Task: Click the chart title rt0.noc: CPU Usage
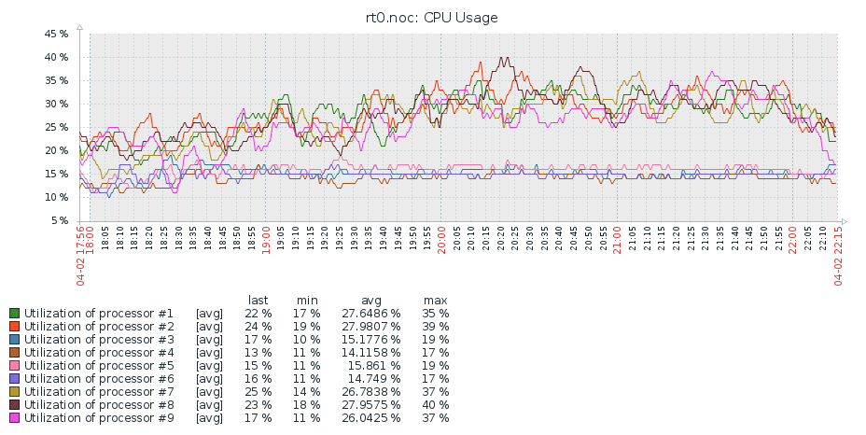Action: (431, 17)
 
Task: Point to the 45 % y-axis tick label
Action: (56, 34)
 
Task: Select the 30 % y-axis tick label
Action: (56, 104)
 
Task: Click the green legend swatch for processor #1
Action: (15, 314)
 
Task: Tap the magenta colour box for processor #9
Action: (15, 418)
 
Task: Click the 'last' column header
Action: (258, 300)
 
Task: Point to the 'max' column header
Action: (435, 300)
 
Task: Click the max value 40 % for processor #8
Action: (435, 405)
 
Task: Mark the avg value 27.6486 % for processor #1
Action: (370, 314)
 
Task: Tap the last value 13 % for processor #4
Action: (258, 353)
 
